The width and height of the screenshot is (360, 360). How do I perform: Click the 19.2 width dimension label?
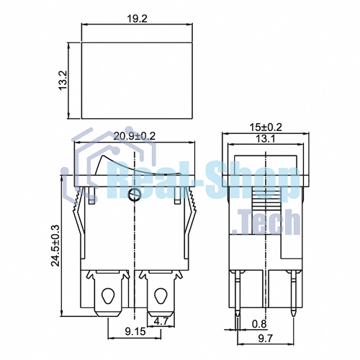[137, 19]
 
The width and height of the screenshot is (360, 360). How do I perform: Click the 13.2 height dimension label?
[63, 81]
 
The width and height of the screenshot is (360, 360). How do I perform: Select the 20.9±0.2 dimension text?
[135, 136]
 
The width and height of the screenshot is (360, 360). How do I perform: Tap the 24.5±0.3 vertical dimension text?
[55, 246]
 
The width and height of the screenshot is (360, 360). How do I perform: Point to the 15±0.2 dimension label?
[266, 127]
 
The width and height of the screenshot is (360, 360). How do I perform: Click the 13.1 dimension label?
[265, 139]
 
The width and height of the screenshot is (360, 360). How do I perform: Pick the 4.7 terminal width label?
[161, 321]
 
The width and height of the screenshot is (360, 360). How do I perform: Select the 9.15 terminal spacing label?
[135, 331]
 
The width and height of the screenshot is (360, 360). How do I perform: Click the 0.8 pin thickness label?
[259, 324]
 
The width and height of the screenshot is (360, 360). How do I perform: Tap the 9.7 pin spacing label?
[266, 338]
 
